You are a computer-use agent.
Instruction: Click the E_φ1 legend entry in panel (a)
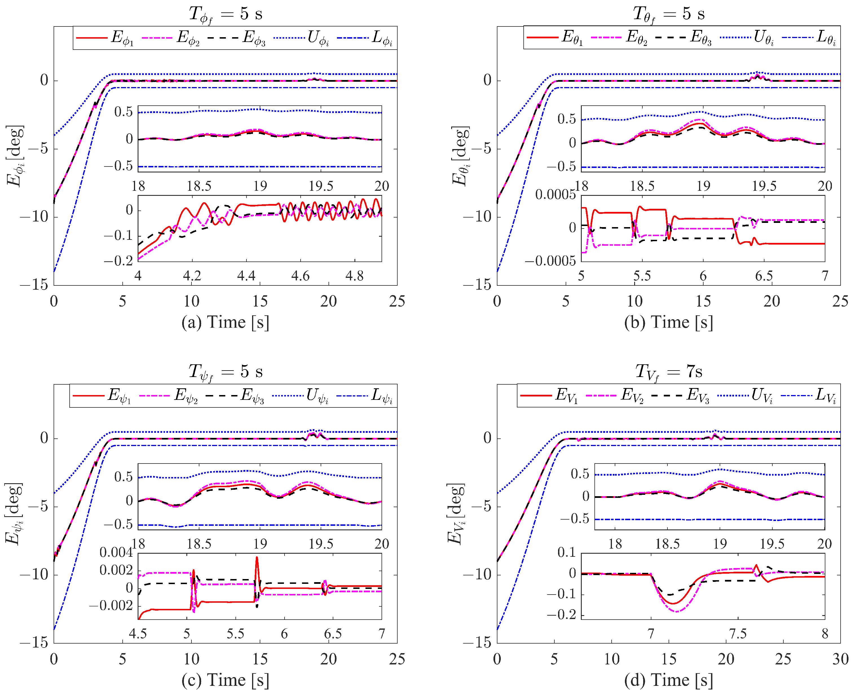105,38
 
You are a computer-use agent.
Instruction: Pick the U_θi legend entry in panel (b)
747,37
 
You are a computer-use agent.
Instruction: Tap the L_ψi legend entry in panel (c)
365,396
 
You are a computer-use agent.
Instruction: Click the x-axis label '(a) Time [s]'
225,322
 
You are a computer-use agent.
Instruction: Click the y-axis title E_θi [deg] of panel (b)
460,156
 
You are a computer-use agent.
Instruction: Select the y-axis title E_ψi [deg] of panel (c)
14,514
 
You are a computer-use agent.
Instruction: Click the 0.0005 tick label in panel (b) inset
555,195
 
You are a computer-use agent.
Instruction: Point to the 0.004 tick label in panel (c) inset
116,553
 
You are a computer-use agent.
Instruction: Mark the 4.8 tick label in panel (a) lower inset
354,276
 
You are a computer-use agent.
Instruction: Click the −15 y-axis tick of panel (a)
34,285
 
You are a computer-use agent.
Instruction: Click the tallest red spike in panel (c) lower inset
257,558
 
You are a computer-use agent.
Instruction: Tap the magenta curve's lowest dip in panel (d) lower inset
676,611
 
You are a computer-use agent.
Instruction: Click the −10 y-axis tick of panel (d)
477,575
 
